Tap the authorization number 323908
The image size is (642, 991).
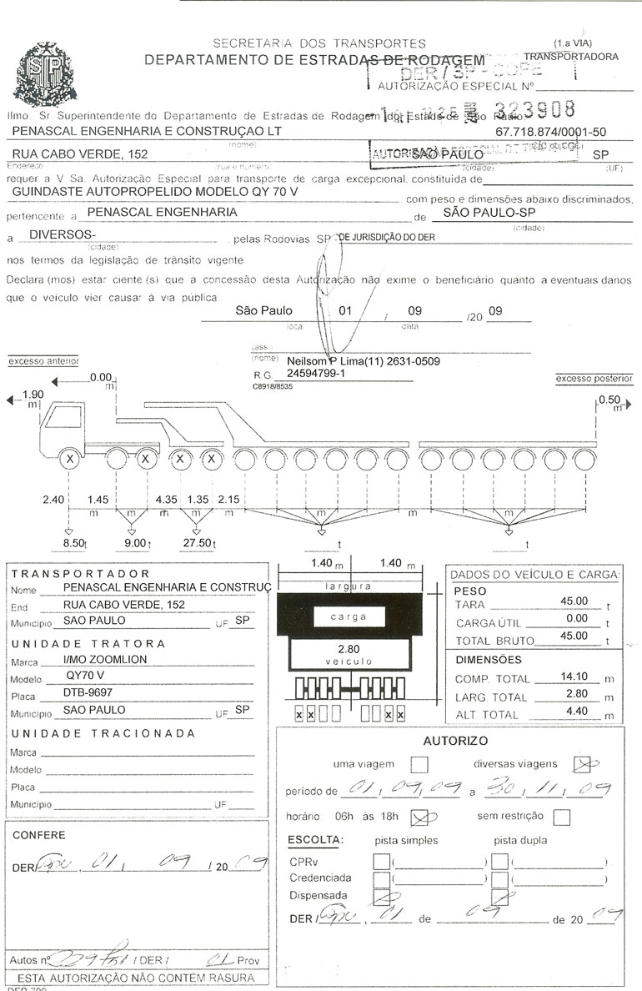pyautogui.click(x=535, y=110)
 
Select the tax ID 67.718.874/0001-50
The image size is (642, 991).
pyautogui.click(x=550, y=132)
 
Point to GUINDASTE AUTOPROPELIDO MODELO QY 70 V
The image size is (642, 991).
pyautogui.click(x=155, y=190)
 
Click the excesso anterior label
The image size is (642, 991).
pyautogui.click(x=43, y=361)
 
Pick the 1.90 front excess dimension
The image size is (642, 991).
pyautogui.click(x=33, y=395)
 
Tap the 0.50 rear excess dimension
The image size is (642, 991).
pyautogui.click(x=609, y=400)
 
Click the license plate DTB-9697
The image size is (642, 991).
pyautogui.click(x=88, y=692)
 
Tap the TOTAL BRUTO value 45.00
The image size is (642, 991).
pyautogui.click(x=574, y=636)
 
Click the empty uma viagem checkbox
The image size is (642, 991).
pyautogui.click(x=419, y=763)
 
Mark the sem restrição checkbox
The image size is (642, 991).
pyautogui.click(x=562, y=817)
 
